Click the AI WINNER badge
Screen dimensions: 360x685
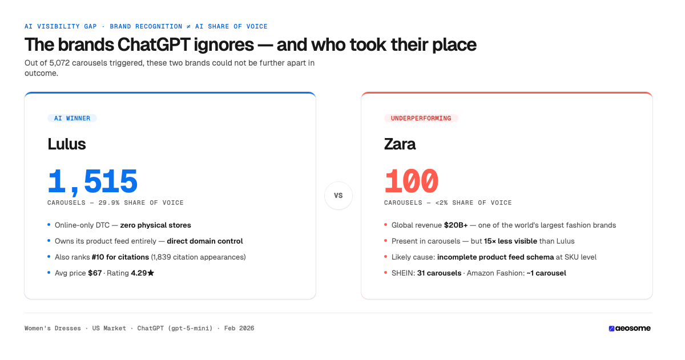click(x=72, y=118)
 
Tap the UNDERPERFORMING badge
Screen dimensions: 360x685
click(x=421, y=118)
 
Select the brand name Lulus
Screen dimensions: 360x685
click(x=66, y=144)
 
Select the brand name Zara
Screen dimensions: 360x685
click(x=400, y=144)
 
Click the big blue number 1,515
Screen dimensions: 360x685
click(x=92, y=182)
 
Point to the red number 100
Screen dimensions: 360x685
click(x=411, y=182)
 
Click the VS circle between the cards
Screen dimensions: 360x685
click(x=338, y=196)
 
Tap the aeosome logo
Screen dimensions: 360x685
click(x=629, y=328)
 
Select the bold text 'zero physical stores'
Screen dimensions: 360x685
click(x=155, y=225)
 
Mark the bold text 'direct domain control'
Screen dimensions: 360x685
click(x=204, y=241)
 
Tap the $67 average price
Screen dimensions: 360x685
click(x=94, y=273)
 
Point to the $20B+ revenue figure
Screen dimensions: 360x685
click(x=456, y=225)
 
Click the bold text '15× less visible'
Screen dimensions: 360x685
click(x=510, y=241)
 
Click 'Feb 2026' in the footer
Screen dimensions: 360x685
click(x=239, y=328)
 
